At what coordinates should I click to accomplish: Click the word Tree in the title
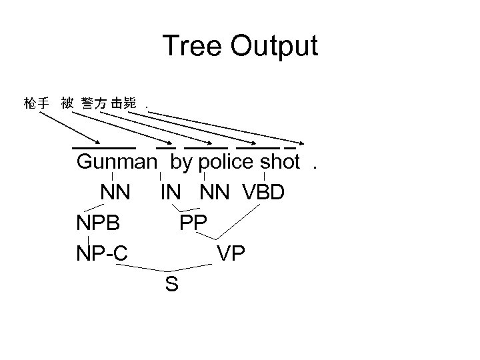coord(191,47)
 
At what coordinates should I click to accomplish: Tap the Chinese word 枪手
coord(36,104)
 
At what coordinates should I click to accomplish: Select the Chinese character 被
coord(67,104)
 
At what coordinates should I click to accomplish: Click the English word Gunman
coord(117,162)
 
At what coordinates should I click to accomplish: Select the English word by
coord(181,162)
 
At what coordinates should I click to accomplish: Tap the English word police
coord(227,162)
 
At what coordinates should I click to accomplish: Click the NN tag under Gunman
coord(116,193)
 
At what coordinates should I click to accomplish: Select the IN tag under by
coord(170,193)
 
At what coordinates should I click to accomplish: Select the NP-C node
coord(103,254)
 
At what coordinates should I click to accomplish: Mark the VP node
coord(231,254)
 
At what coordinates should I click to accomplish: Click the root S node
coord(171,285)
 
